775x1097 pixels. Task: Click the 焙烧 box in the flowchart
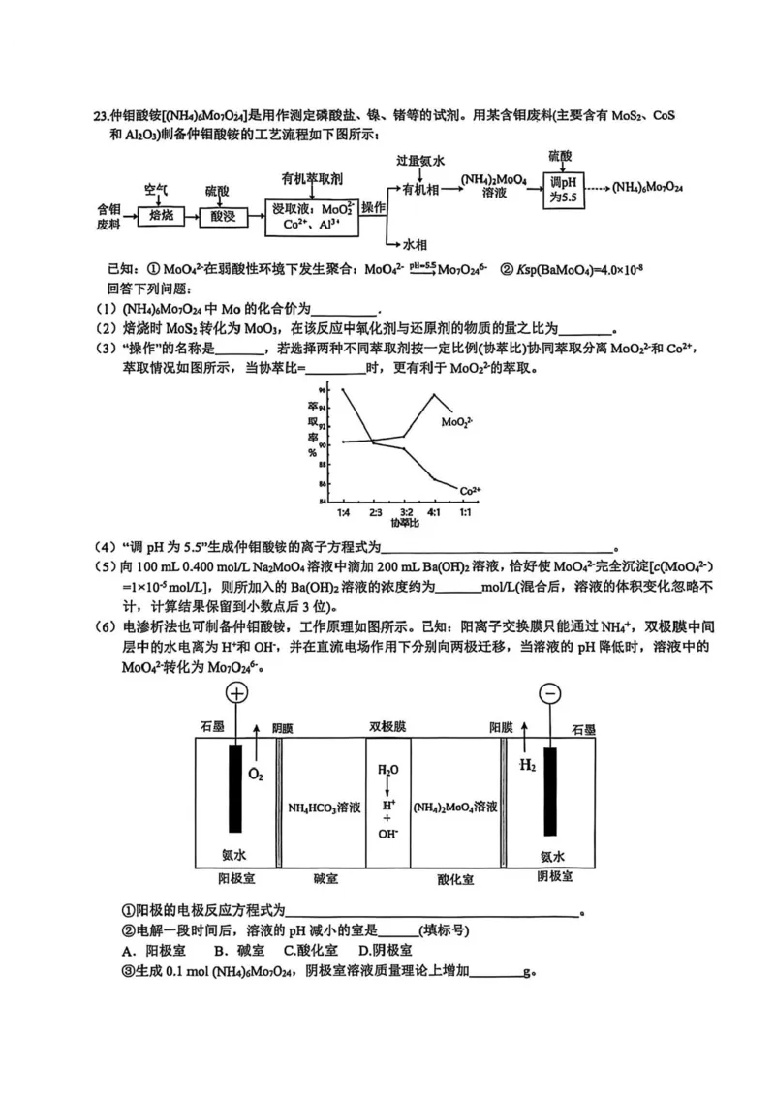[162, 216]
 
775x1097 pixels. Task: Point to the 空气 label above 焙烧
[156, 187]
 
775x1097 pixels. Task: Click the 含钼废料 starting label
[108, 216]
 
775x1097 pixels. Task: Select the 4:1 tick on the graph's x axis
[434, 511]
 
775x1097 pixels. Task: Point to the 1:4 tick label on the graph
[344, 511]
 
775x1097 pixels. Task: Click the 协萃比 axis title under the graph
[406, 523]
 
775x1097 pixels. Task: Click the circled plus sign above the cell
[237, 693]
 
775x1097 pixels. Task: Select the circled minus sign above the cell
[550, 693]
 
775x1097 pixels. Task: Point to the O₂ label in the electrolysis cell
[256, 775]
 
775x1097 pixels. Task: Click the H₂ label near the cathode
[527, 765]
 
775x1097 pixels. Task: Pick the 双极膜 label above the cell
[387, 727]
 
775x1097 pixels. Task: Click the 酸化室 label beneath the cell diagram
[455, 879]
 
